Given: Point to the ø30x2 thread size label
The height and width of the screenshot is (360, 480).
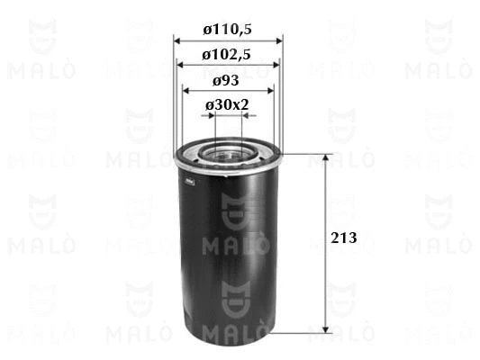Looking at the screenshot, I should (227, 105).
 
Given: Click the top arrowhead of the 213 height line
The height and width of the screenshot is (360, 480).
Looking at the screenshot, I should (326, 156).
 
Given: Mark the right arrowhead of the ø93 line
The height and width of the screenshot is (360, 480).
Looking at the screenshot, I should (267, 90).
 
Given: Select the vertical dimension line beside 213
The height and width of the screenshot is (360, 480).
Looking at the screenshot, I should (326, 270).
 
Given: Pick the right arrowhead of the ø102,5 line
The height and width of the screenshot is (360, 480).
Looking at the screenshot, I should (274, 65).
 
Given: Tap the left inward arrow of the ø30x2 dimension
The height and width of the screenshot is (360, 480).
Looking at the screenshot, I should (209, 115).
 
